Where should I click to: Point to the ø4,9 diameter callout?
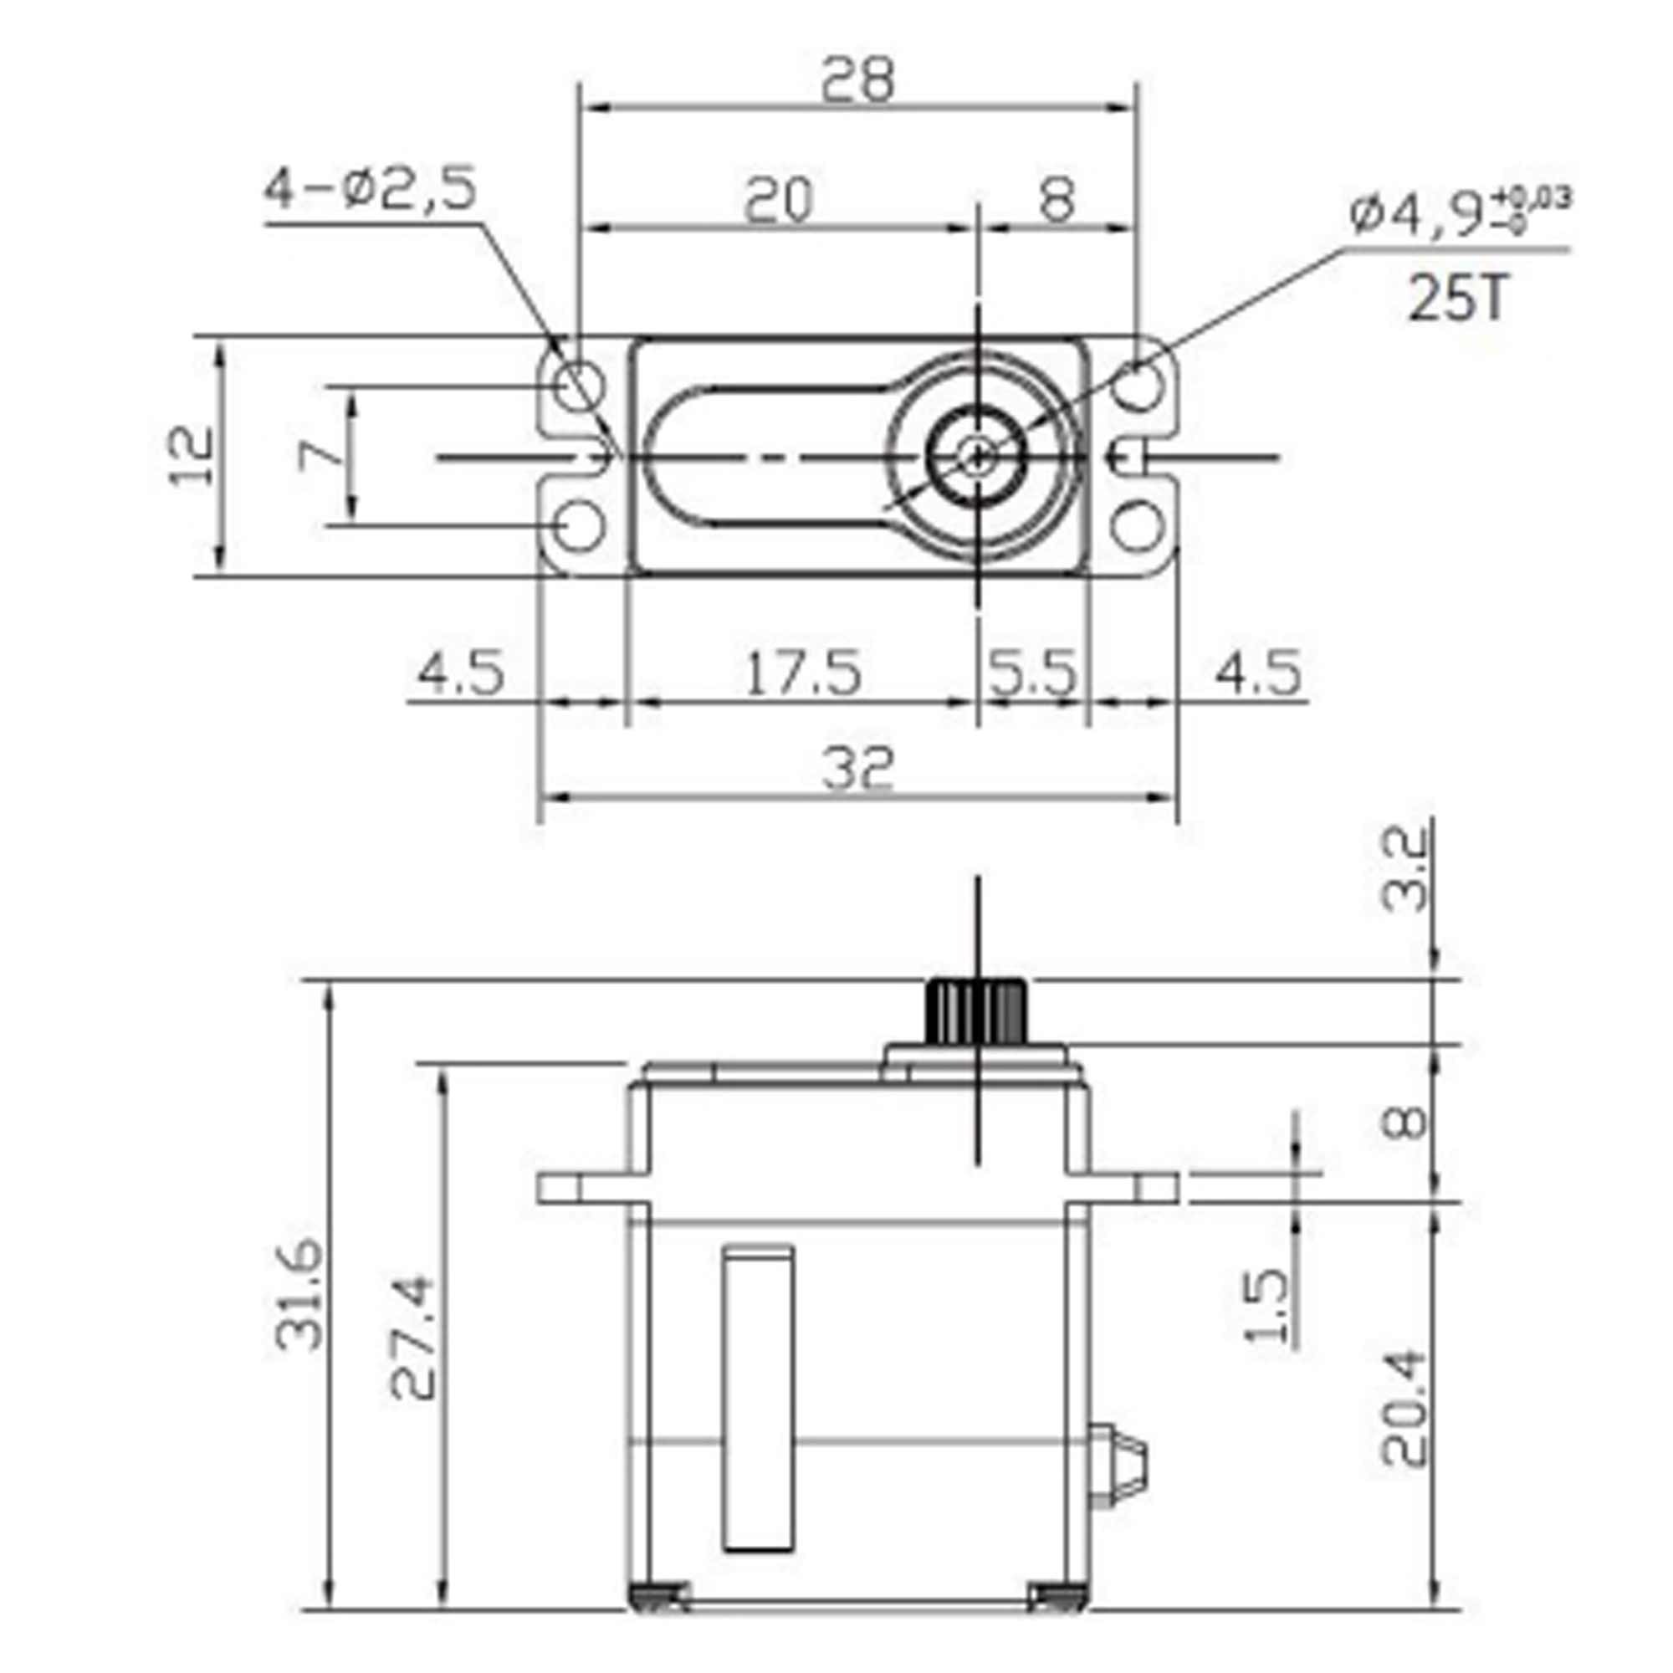click(x=1458, y=214)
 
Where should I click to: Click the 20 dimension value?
click(x=779, y=199)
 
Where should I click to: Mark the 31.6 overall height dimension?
click(x=299, y=1297)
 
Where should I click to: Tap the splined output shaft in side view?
click(x=977, y=1010)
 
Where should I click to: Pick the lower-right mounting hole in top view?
click(x=1137, y=525)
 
